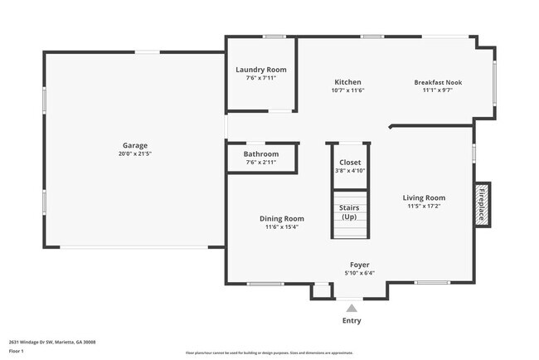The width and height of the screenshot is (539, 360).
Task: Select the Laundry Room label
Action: point(260,71)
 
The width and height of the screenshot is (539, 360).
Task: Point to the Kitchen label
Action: point(347,82)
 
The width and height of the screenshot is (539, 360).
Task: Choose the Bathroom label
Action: point(260,154)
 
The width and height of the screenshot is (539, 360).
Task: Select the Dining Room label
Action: point(281,218)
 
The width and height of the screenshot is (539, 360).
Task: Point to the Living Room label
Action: point(424,197)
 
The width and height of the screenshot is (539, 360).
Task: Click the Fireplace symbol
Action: point(481,203)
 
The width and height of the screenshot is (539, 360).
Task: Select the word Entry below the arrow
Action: point(352,321)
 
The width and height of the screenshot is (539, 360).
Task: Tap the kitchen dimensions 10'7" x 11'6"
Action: point(347,91)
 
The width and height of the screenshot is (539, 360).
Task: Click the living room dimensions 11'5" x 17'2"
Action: point(424,207)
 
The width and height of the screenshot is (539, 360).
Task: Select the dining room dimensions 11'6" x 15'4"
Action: point(281,226)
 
